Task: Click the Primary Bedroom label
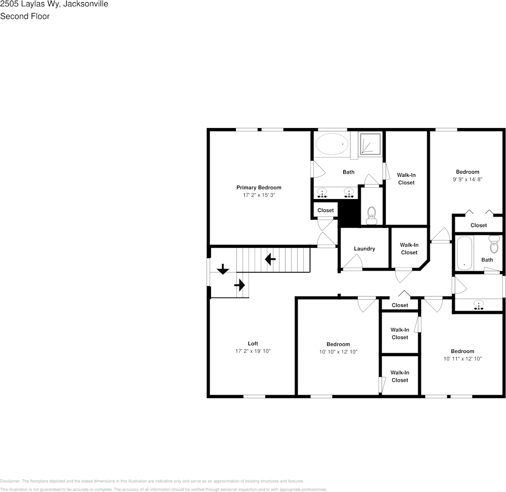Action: [x=259, y=188]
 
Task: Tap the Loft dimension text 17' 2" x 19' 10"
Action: [x=252, y=351]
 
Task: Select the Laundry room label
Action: [x=364, y=249]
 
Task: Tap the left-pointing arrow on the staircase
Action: [x=270, y=259]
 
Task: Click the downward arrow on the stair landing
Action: [x=222, y=269]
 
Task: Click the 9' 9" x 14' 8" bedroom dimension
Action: [x=467, y=179]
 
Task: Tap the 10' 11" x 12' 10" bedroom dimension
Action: [x=462, y=358]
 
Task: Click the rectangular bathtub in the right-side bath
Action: [x=464, y=252]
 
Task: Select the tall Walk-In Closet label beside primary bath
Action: [x=406, y=179]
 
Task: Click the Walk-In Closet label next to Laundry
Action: [x=409, y=249]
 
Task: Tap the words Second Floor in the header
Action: [x=25, y=16]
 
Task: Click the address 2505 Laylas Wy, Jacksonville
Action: [x=54, y=4]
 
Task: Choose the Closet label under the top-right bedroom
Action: [x=479, y=225]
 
